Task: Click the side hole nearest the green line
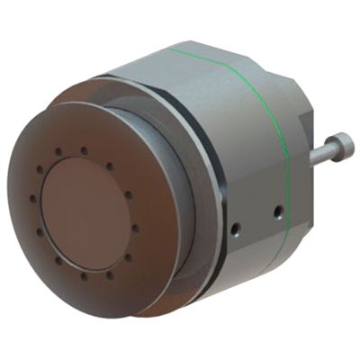click(x=277, y=213)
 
